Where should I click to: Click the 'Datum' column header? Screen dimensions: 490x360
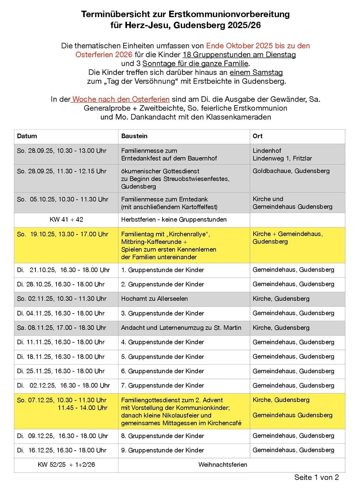[27, 136]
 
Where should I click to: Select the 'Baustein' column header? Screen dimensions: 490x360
[134, 136]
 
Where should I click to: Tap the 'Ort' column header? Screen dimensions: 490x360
[258, 136]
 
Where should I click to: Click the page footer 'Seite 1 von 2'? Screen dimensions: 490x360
[316, 478]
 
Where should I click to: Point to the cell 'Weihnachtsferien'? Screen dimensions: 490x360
[222, 465]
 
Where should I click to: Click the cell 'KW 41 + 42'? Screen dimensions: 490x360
[66, 220]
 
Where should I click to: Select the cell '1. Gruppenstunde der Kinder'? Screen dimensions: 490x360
[162, 270]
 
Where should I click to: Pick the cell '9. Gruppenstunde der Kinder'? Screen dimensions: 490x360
[162, 450]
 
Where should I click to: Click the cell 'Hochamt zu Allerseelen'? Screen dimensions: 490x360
[154, 299]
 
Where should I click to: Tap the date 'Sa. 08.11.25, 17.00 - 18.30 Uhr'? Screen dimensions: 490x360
[62, 328]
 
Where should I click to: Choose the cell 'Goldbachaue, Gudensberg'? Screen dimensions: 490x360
[291, 171]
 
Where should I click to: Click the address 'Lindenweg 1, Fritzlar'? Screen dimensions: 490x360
[282, 158]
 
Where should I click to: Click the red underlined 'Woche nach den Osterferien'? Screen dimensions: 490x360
[121, 99]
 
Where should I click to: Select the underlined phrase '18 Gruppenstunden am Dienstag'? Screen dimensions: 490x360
[239, 55]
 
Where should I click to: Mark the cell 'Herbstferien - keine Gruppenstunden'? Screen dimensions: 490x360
[174, 220]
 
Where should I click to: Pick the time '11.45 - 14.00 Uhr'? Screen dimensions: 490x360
[83, 408]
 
